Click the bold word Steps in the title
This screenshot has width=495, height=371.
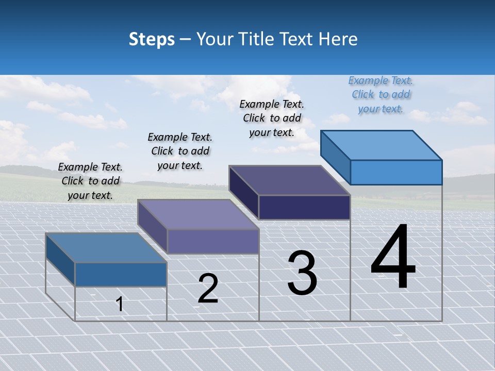(x=151, y=39)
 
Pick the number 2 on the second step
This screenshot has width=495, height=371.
(x=208, y=289)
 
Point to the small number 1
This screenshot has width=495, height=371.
(x=120, y=304)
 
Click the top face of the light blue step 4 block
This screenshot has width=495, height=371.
(x=382, y=145)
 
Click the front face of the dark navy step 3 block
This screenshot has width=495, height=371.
(x=304, y=207)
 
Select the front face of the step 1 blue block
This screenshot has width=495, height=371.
(x=121, y=274)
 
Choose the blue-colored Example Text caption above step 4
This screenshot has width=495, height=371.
(x=381, y=94)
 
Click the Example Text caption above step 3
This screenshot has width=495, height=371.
(x=272, y=118)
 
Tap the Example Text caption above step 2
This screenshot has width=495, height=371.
(x=180, y=151)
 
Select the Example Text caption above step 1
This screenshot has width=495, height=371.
(x=90, y=181)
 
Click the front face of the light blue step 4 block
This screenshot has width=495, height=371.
(x=396, y=172)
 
